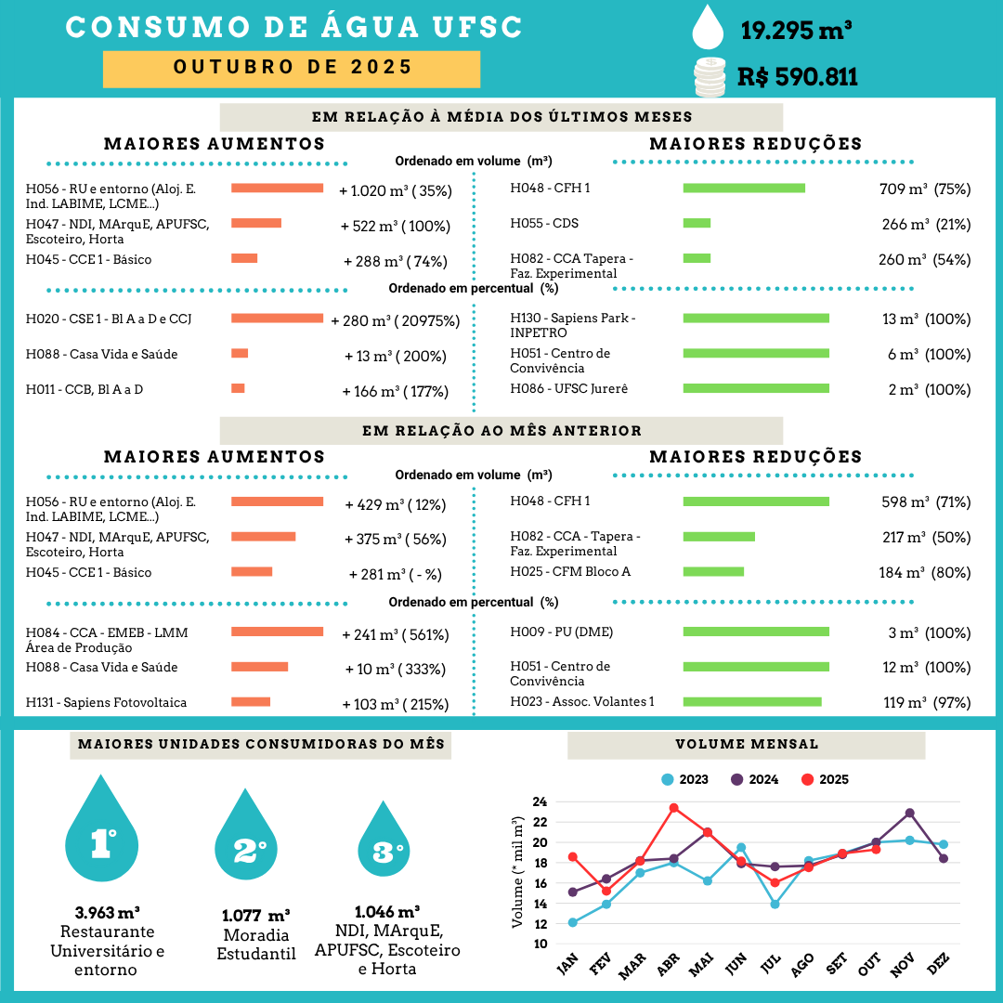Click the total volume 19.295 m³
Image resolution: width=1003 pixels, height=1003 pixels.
797,31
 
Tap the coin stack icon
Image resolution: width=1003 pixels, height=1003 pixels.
710,76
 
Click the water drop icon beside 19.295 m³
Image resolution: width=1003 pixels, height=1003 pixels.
710,27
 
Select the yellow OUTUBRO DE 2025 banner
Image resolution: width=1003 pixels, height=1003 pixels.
292,69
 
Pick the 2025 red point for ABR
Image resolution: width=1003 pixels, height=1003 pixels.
673,808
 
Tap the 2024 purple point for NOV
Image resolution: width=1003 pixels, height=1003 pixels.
909,813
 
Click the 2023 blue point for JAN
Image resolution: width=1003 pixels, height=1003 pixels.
572,922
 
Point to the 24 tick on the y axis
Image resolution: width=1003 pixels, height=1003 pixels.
539,801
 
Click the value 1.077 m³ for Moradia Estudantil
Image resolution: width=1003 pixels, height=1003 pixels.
255,915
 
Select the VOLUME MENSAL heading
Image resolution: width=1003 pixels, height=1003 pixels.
746,744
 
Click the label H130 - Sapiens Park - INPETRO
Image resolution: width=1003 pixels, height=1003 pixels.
573,325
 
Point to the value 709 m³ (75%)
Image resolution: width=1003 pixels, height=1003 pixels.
924,189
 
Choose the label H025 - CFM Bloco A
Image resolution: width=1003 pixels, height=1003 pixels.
570,571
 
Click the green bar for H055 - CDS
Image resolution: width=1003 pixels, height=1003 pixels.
697,223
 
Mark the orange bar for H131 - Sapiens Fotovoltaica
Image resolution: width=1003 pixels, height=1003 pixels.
251,702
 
